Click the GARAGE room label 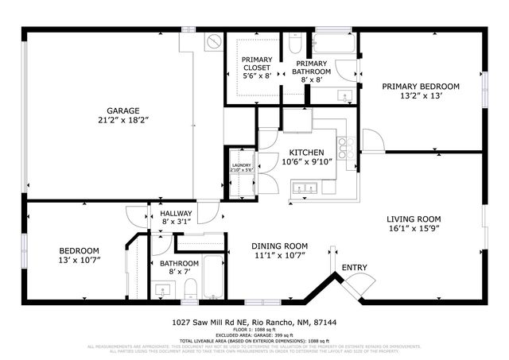click(x=123, y=110)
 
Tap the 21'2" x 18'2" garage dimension click(x=123, y=120)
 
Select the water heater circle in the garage click(x=212, y=41)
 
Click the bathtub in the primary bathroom click(x=332, y=43)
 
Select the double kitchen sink click(x=305, y=188)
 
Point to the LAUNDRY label click(x=241, y=165)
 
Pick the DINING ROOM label click(x=279, y=246)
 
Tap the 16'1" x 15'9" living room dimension click(x=414, y=230)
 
